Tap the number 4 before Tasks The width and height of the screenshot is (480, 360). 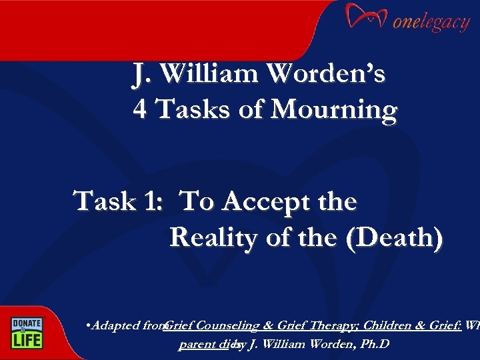pyautogui.click(x=140, y=109)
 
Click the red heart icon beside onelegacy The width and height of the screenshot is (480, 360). pyautogui.click(x=365, y=18)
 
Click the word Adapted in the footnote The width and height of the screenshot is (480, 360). pyautogui.click(x=115, y=326)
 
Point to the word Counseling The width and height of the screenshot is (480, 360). pyautogui.click(x=226, y=326)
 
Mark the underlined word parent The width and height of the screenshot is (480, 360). pyautogui.click(x=194, y=345)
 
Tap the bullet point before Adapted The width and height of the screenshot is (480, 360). pyautogui.click(x=89, y=326)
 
